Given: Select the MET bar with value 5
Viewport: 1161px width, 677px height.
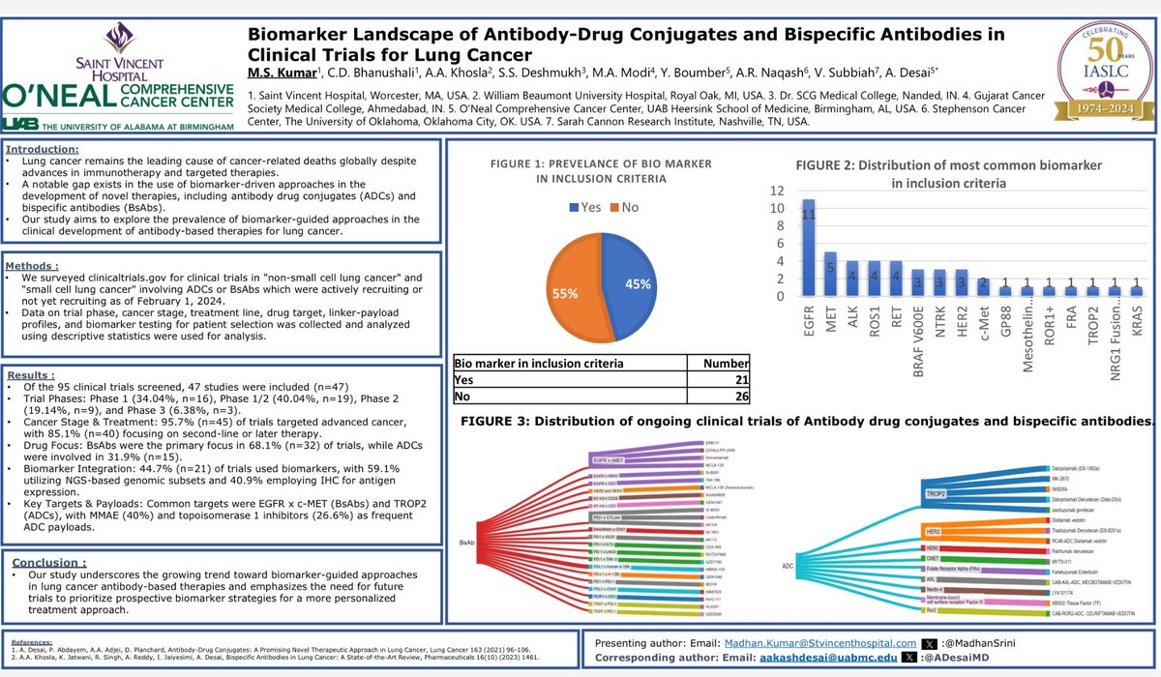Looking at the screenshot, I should tap(830, 274).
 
